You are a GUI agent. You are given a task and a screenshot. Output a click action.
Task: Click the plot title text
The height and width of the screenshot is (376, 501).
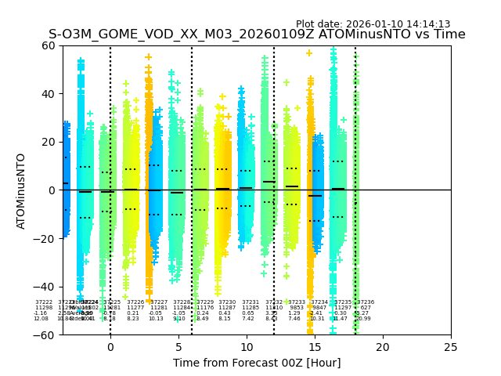(257, 34)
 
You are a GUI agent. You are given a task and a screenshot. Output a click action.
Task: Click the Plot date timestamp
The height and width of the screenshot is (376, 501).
(373, 24)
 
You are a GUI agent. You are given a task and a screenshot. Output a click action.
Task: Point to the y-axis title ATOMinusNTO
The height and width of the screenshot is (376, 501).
(21, 190)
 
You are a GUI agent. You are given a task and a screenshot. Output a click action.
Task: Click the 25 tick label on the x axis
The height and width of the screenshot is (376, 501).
(451, 347)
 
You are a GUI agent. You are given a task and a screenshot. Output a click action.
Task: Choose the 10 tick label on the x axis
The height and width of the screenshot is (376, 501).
(247, 347)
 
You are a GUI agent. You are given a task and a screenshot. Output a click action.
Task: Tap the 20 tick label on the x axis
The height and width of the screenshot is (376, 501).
(383, 347)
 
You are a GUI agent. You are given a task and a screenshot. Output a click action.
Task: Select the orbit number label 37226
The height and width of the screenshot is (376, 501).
(136, 302)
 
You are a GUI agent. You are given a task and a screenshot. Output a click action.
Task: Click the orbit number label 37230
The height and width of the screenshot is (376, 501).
(227, 302)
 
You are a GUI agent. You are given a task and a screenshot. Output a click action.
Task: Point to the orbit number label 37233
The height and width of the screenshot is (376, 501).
(297, 302)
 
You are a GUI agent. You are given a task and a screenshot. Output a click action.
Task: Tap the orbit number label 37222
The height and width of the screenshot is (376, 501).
(44, 302)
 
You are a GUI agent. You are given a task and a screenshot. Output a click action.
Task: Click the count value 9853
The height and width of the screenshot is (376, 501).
(297, 308)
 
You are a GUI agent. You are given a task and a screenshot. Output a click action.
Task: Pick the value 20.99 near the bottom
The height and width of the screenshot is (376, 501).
(364, 319)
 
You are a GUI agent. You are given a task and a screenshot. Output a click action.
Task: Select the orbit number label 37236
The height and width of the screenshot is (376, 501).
(366, 302)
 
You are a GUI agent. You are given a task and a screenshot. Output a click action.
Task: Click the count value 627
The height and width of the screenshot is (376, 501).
(365, 308)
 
